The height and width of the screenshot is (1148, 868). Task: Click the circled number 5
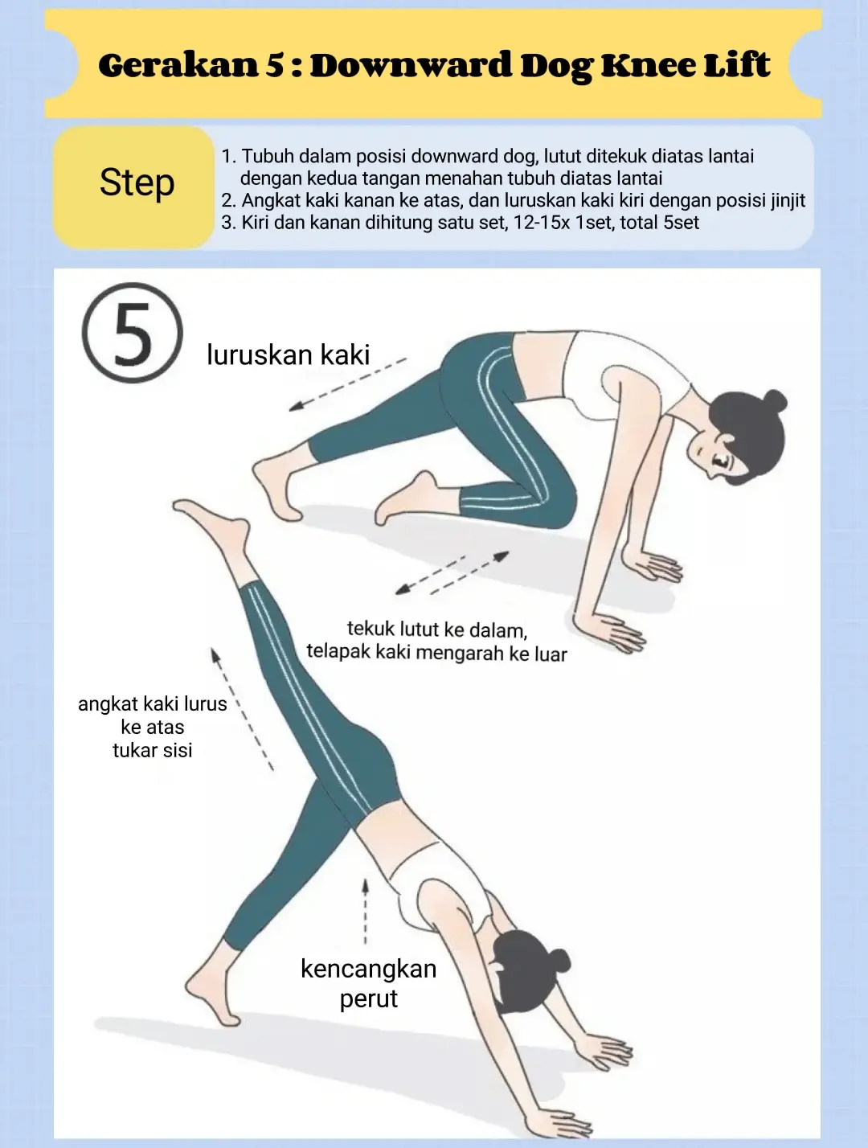point(133,333)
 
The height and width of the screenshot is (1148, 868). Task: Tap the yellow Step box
point(135,184)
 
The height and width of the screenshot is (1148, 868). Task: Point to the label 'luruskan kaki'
point(288,355)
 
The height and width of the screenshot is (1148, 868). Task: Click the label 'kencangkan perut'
point(368,983)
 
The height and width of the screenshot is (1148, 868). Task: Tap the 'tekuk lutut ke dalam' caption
point(436,629)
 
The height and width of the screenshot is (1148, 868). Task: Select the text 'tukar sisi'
point(152,750)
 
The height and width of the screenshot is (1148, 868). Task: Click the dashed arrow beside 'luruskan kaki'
point(347,384)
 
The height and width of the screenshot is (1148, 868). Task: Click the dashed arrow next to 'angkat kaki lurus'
point(241,707)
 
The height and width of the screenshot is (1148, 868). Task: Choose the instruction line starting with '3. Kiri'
point(460,223)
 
